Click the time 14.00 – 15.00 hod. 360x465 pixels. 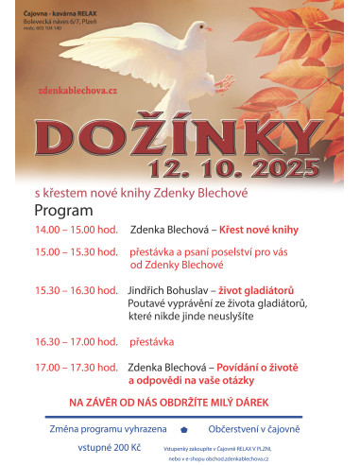tap(76, 230)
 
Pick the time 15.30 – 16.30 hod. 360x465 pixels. tap(76, 290)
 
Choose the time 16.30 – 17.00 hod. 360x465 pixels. tap(76, 341)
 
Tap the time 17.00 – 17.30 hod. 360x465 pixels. tap(76, 366)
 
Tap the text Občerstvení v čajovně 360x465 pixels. tap(258, 428)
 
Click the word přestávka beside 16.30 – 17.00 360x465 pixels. tap(151, 341)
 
